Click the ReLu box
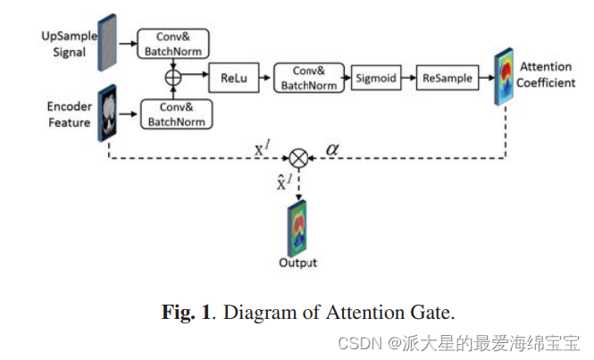pyautogui.click(x=235, y=79)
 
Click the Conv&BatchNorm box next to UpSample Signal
pyautogui.click(x=173, y=43)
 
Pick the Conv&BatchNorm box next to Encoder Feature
pyautogui.click(x=173, y=114)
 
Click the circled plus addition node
pyautogui.click(x=173, y=79)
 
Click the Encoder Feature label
pyautogui.click(x=70, y=113)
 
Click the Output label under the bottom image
pyautogui.click(x=298, y=264)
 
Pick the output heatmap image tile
pyautogui.click(x=298, y=228)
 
